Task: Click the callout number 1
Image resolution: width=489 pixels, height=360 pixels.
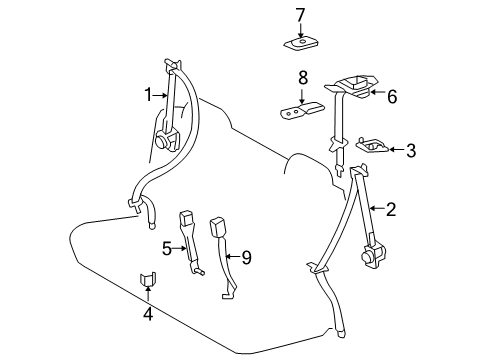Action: click(x=146, y=94)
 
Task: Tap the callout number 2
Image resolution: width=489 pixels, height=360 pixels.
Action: click(x=391, y=209)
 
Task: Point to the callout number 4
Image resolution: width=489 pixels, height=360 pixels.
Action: click(x=148, y=316)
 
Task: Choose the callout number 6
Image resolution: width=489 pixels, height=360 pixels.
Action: click(x=391, y=96)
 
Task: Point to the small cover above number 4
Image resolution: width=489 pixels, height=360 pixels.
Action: click(x=147, y=278)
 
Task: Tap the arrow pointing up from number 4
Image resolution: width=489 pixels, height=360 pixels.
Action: click(x=148, y=297)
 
